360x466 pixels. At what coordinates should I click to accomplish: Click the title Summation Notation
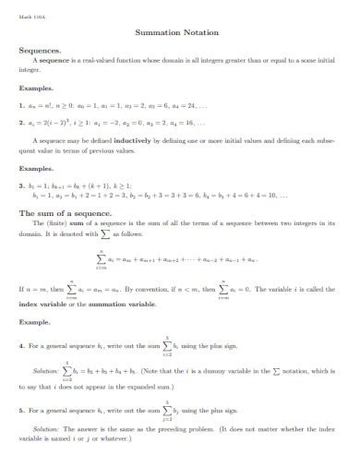[179, 32]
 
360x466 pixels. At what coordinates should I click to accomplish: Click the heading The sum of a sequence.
[60, 211]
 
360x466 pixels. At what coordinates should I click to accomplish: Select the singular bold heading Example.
[36, 324]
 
